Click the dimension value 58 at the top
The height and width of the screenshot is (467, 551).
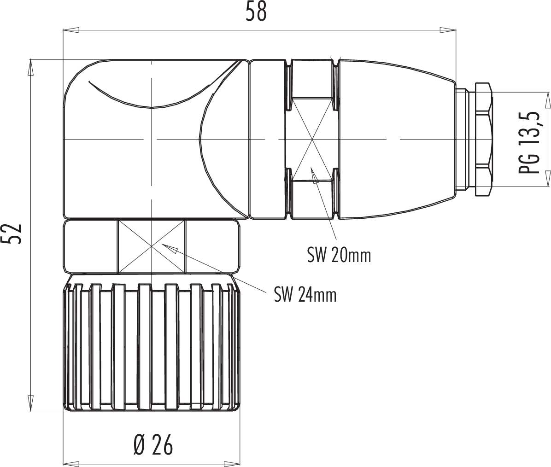coord(256,12)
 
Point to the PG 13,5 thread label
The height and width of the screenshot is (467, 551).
coord(528,143)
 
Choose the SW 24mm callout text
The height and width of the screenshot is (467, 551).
coord(305,294)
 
